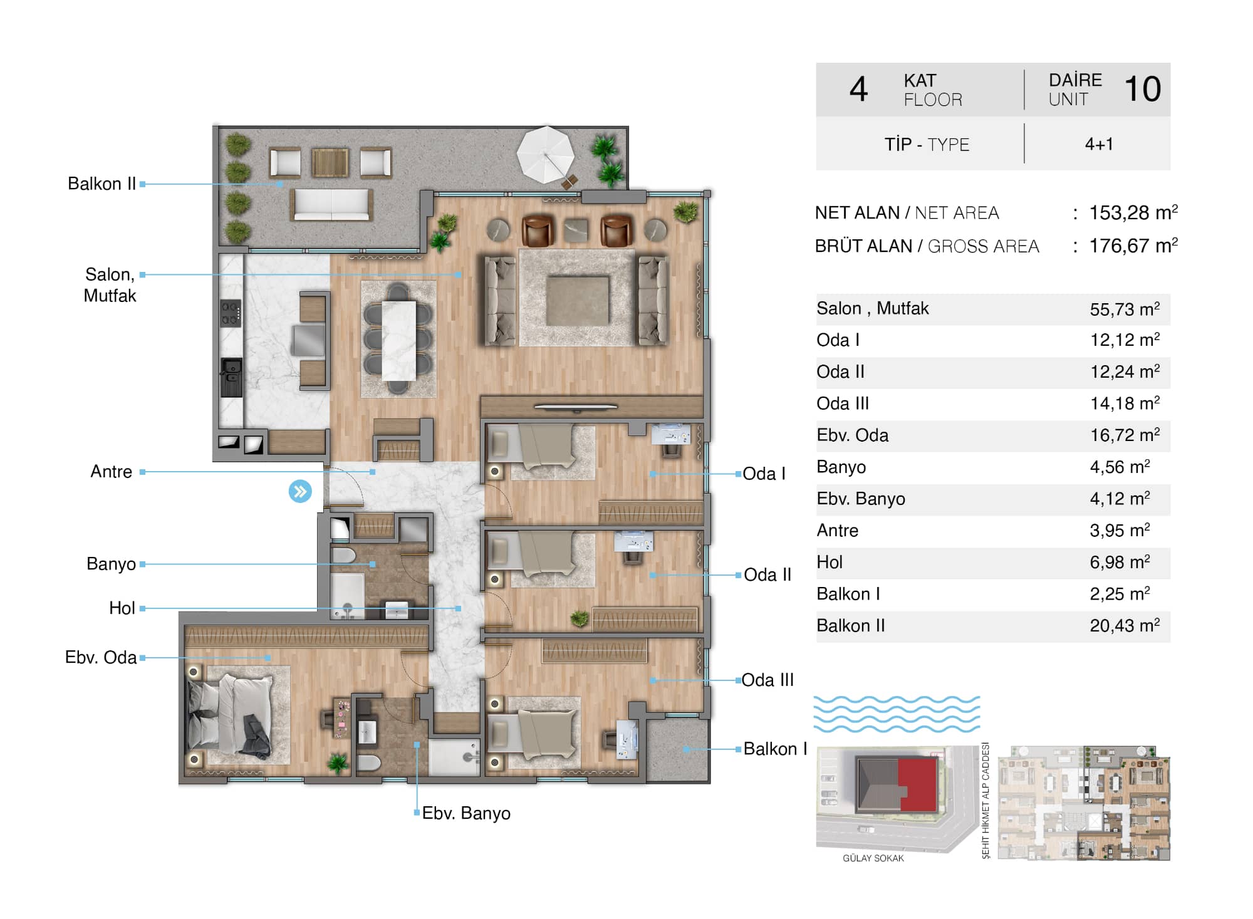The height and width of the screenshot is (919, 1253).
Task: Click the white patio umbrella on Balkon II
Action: click(x=545, y=154)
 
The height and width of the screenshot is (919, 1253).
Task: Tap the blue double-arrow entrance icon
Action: click(x=300, y=491)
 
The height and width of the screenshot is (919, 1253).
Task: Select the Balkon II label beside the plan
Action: click(x=101, y=184)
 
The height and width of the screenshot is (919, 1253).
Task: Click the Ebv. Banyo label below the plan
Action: click(x=466, y=813)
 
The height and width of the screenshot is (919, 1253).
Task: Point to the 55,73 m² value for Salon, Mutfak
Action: click(x=1125, y=309)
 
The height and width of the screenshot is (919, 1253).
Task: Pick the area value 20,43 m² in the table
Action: click(x=1125, y=625)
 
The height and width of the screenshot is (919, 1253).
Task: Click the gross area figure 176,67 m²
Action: click(x=1133, y=246)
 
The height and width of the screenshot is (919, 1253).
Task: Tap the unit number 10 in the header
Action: click(x=1143, y=89)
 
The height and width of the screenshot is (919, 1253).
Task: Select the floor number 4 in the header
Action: click(x=858, y=89)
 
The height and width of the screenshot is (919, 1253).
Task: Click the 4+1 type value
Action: click(x=1099, y=144)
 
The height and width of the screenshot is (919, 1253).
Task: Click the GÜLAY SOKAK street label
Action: click(x=873, y=858)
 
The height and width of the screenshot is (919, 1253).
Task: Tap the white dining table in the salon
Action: click(x=399, y=340)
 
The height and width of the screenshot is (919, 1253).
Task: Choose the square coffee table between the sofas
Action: click(x=577, y=301)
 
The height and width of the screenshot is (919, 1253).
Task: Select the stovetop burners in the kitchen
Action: click(x=231, y=313)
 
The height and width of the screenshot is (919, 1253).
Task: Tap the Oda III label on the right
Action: click(x=767, y=680)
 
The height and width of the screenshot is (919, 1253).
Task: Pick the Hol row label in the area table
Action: click(x=829, y=562)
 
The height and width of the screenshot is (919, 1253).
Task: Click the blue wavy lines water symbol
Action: click(x=897, y=714)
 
